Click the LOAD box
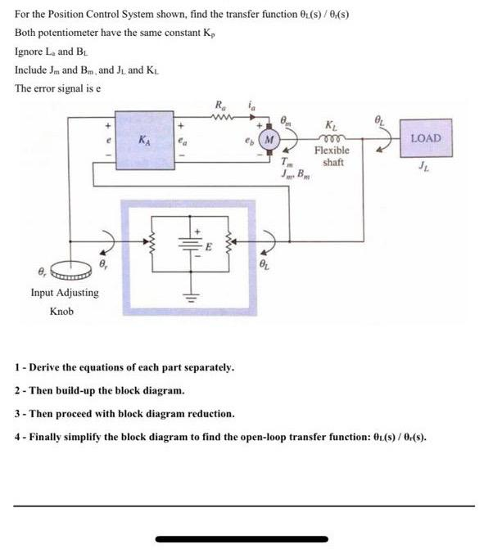[425, 139]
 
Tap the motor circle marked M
[269, 140]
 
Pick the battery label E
[208, 245]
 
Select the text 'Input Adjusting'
[65, 292]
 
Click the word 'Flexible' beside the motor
[332, 151]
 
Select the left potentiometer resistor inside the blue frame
[150, 243]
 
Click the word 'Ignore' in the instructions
[30, 51]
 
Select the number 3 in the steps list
[18, 414]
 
